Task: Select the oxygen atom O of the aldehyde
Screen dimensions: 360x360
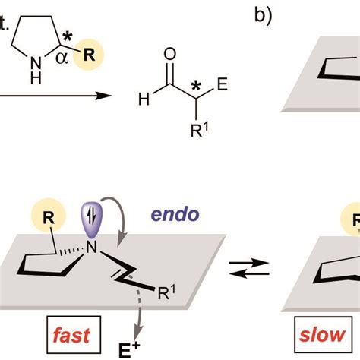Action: pyautogui.click(x=170, y=54)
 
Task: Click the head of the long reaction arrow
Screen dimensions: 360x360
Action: pyautogui.click(x=99, y=96)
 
